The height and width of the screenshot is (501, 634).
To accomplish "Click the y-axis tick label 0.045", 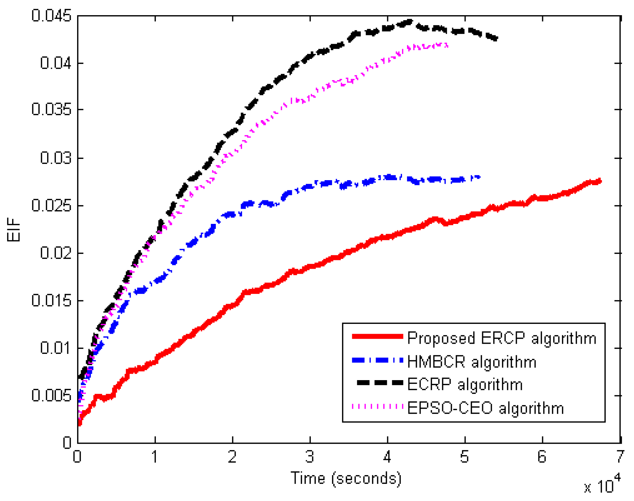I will click(x=51, y=15).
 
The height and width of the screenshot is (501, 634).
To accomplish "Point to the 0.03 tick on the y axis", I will click(x=56, y=158).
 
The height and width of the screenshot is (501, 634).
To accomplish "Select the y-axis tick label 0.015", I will click(x=51, y=300).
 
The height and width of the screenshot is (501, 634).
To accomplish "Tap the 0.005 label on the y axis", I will click(x=51, y=395).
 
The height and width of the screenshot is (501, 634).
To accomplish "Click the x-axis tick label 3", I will click(x=310, y=457).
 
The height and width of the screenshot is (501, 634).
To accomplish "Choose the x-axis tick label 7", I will click(x=620, y=457).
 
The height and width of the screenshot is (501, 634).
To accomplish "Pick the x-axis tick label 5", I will click(x=465, y=457).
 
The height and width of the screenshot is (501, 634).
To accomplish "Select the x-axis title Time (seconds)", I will click(x=346, y=478).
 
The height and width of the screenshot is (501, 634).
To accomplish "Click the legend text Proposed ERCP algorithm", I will click(x=502, y=338).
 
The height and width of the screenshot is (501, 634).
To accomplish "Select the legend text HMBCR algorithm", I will click(x=472, y=362).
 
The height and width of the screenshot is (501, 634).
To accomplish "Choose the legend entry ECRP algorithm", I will click(x=465, y=384).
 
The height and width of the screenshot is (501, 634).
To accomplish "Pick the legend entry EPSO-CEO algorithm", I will click(x=486, y=408).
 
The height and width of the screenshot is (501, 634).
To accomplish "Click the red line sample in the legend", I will click(x=377, y=336).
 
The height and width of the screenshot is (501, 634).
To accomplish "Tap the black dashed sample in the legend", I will click(x=379, y=382).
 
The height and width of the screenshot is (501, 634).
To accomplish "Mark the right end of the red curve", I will click(x=600, y=181).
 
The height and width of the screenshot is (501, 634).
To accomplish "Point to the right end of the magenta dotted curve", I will click(x=447, y=45).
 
